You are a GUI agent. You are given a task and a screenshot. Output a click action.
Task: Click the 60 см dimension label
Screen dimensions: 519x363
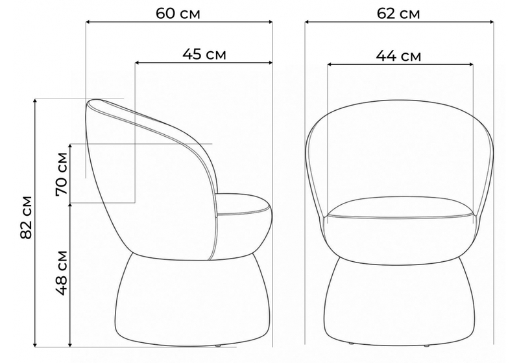[178, 14]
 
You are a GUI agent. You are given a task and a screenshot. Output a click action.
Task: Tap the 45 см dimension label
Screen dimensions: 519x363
[204, 54]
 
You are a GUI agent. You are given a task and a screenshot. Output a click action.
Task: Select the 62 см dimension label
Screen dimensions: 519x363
[398, 14]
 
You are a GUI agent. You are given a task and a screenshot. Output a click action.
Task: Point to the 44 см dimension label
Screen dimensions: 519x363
[398, 56]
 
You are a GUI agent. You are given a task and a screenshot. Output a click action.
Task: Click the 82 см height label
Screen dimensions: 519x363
[26, 217]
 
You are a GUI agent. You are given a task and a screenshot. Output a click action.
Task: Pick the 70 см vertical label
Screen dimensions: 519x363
[62, 174]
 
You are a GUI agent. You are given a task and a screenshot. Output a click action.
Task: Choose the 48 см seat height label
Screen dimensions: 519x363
[62, 273]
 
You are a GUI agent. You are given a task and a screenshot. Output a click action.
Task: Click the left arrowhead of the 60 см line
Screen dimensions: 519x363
[88, 22]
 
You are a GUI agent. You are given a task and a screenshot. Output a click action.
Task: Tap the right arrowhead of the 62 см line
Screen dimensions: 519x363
[491, 22]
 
